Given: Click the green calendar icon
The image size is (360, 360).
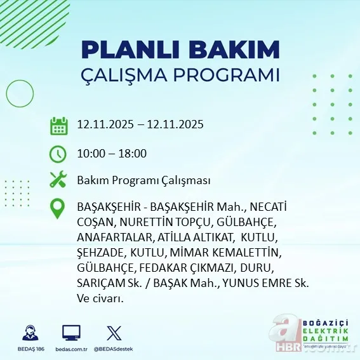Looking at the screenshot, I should pyautogui.click(x=58, y=125).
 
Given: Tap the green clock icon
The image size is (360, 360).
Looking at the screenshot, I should pyautogui.click(x=58, y=153).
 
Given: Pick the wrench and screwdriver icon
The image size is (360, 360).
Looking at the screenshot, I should pyautogui.click(x=58, y=180).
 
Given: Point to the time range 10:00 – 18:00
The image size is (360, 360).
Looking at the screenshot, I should pyautogui.click(x=112, y=153).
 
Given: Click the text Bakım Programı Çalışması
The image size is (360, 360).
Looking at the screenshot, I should pyautogui.click(x=143, y=180).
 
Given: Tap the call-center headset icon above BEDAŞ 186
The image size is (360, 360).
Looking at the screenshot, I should pyautogui.click(x=29, y=333).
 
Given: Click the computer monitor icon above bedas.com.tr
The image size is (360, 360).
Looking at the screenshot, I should pyautogui.click(x=71, y=333).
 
